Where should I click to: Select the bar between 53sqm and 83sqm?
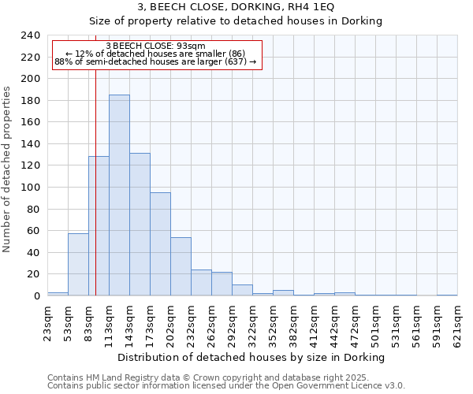78,265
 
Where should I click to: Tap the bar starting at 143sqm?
140,225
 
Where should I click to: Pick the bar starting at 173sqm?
160,244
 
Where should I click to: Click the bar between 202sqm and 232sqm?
181,266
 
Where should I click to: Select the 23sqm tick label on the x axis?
48,321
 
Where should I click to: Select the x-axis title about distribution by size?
251,357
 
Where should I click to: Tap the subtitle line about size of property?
236,21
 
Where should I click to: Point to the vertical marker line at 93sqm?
95,181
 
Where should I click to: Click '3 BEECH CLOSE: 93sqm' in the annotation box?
155,46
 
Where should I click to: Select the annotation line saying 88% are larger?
155,61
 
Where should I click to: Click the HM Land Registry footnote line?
208,377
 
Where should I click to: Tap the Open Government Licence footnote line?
226,385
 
